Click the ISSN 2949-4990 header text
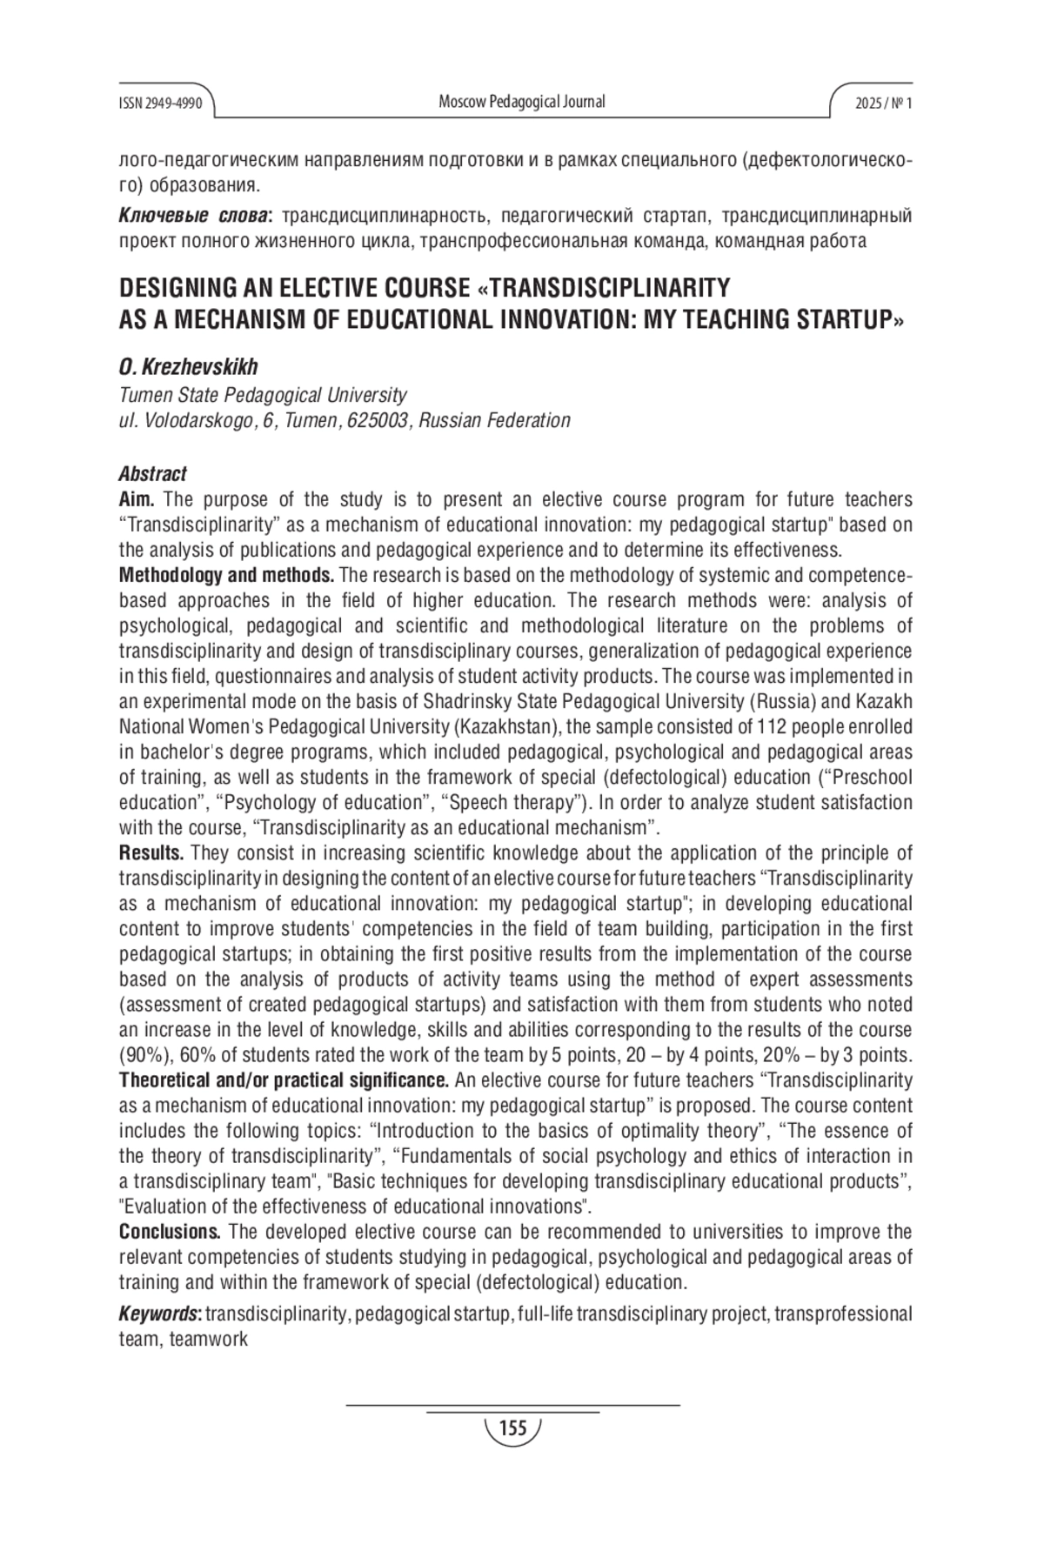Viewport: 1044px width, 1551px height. point(160,104)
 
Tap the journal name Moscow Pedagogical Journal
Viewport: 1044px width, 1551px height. point(521,102)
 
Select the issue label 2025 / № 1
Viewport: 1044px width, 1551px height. point(883,104)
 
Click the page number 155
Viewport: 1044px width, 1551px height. point(513,1428)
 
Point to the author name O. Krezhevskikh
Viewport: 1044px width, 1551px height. point(188,367)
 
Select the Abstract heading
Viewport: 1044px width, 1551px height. point(152,474)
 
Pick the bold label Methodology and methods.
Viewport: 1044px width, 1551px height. point(226,575)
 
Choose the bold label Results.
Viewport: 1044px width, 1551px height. point(151,852)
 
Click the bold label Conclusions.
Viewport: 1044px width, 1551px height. point(170,1232)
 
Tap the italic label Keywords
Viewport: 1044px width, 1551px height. point(159,1314)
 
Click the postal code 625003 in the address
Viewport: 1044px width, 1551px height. point(378,421)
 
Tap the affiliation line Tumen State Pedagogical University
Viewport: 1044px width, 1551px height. point(262,395)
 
